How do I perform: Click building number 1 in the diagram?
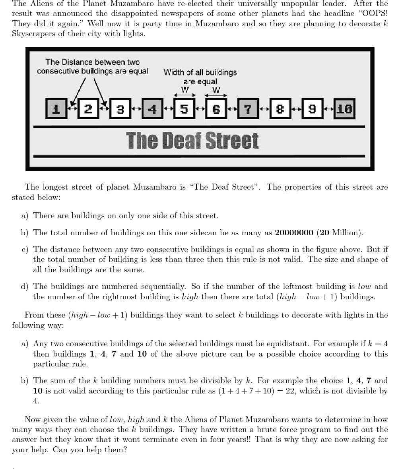[56, 109]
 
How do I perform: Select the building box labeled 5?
[184, 109]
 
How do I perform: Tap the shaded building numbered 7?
[248, 109]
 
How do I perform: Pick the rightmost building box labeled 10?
[344, 109]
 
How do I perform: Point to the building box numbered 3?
[120, 109]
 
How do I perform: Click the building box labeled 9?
[312, 109]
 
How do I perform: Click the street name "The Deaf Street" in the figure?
[192, 141]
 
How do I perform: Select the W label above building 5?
[185, 90]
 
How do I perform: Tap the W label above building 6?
[216, 90]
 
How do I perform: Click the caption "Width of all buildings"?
[200, 72]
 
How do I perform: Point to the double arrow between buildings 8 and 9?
[296, 109]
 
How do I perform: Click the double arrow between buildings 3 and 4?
[136, 109]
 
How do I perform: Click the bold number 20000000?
[294, 233]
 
